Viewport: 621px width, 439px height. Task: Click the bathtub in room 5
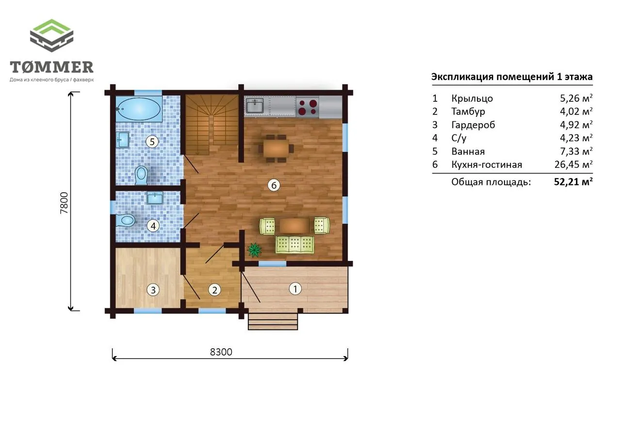(x=139, y=109)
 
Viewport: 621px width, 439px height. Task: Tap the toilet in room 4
(x=125, y=220)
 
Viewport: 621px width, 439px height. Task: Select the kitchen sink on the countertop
(x=255, y=106)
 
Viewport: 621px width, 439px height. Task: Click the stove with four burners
(x=308, y=107)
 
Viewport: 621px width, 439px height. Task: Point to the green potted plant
(x=255, y=250)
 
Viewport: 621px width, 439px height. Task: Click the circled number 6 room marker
(x=274, y=185)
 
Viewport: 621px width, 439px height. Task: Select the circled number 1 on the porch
(x=295, y=289)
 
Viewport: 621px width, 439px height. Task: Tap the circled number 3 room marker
(x=153, y=290)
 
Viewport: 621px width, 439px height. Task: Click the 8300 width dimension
(x=221, y=352)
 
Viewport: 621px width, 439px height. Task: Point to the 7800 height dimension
(x=64, y=203)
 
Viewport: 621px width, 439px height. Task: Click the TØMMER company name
(x=51, y=67)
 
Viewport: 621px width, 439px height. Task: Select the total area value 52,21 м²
(x=573, y=182)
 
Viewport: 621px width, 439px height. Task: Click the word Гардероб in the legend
(x=473, y=125)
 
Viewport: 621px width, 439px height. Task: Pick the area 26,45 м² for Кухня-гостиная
(x=573, y=164)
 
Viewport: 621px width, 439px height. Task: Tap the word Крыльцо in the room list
(x=472, y=98)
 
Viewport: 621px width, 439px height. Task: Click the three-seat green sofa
(x=294, y=244)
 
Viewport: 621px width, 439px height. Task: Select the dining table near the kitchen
(x=277, y=148)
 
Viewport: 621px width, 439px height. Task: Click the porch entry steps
(x=273, y=322)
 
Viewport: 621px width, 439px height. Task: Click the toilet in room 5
(x=141, y=176)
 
